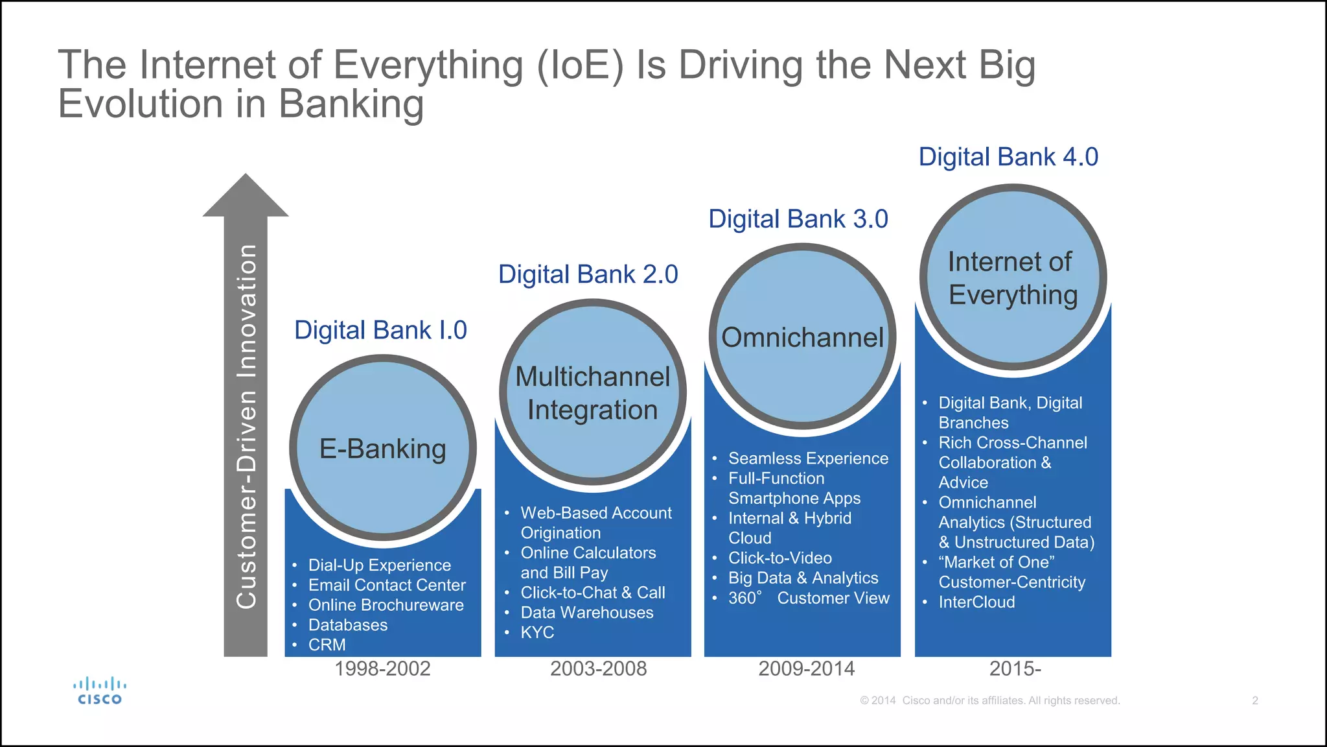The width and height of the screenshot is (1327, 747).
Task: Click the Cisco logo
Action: click(x=99, y=691)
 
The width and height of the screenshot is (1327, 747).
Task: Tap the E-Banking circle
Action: click(x=383, y=448)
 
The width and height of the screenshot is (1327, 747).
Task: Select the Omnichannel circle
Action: click(x=802, y=337)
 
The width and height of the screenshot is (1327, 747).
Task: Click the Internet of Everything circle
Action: click(x=1013, y=278)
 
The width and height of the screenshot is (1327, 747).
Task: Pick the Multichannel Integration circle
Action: click(x=592, y=393)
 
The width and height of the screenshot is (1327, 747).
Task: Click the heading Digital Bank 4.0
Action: click(x=1008, y=157)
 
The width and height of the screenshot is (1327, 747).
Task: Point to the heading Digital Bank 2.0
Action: click(x=588, y=274)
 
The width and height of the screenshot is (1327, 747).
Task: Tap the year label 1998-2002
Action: click(x=382, y=669)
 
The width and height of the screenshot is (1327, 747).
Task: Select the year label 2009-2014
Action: click(x=806, y=669)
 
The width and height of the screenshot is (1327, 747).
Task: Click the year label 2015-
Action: click(x=1015, y=669)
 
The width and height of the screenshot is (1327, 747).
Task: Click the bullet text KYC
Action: click(x=537, y=632)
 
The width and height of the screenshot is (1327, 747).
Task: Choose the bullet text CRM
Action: click(x=327, y=645)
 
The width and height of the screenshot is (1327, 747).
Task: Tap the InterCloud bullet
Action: click(x=976, y=602)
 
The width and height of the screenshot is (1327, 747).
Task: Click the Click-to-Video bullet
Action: click(x=779, y=558)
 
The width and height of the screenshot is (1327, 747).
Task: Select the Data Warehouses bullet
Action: click(x=586, y=612)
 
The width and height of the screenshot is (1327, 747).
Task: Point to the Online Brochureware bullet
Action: click(x=386, y=605)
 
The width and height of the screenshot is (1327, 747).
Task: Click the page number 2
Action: click(x=1254, y=700)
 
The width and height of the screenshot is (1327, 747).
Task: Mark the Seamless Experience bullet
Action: click(x=808, y=458)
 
